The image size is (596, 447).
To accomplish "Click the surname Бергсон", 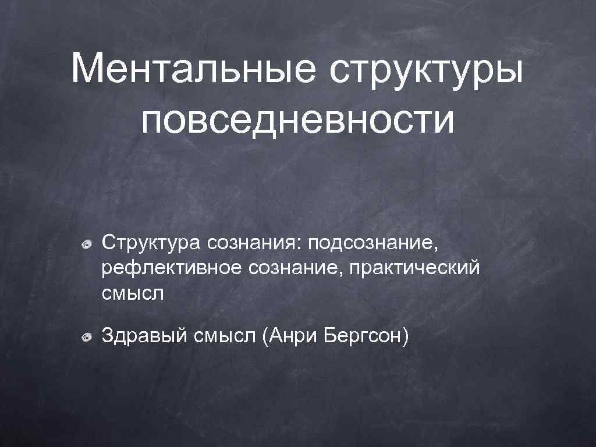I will coord(359,336).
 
